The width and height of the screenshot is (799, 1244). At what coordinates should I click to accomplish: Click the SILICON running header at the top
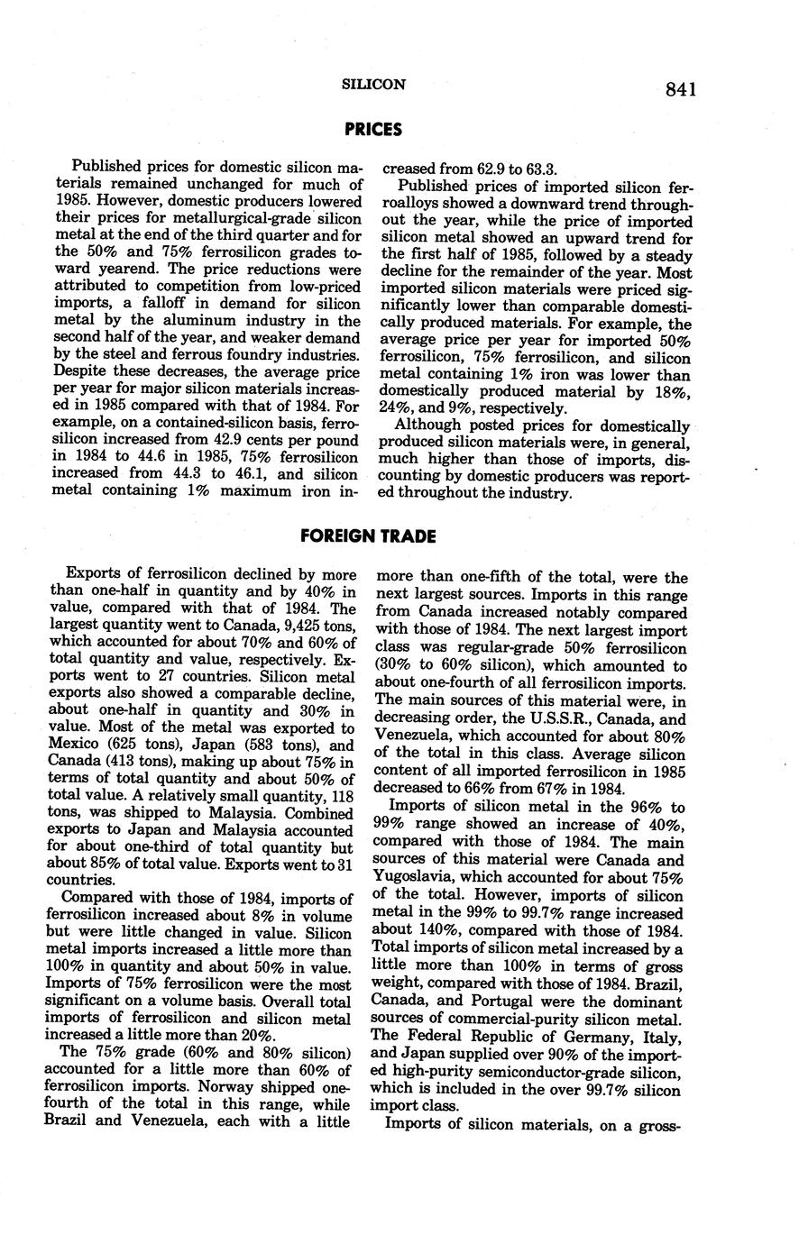pos(373,85)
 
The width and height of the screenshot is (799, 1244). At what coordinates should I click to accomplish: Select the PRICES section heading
pos(373,130)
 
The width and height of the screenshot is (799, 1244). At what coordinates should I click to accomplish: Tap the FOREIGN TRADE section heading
pos(368,536)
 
